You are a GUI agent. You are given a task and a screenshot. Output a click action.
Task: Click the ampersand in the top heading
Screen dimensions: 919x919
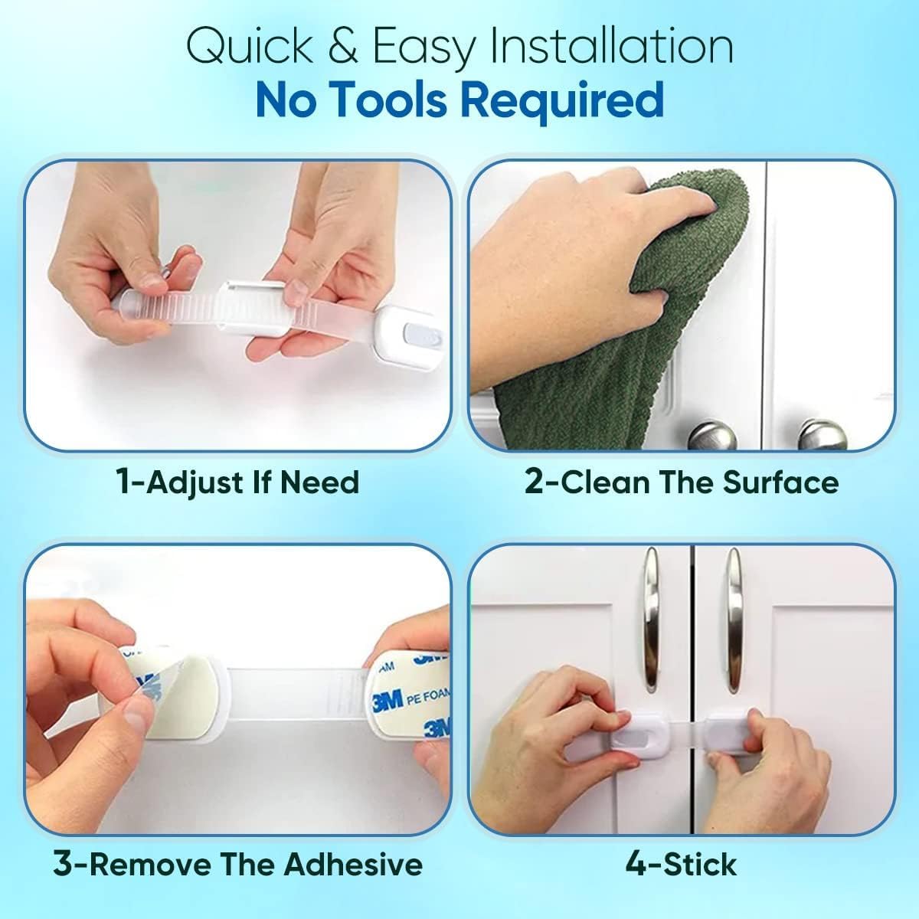coord(342,47)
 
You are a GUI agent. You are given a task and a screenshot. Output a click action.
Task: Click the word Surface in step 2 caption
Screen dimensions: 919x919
coord(780,482)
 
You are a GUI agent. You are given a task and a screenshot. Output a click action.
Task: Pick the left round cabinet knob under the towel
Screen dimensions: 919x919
coord(712,436)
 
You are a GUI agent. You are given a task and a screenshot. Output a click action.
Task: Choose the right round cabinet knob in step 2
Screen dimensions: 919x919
coord(823,435)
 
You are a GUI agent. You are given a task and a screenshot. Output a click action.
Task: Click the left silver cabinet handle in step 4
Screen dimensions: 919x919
coord(652,620)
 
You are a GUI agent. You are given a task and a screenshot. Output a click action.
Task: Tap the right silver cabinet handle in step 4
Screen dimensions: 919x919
coord(735,620)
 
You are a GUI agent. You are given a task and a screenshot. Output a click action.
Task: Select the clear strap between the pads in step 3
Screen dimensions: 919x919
coord(296,694)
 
